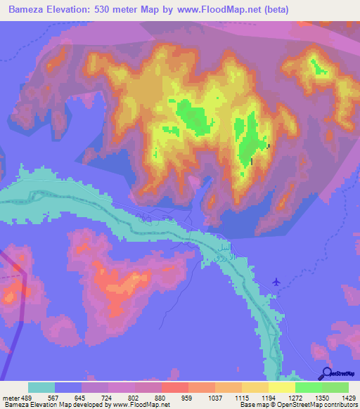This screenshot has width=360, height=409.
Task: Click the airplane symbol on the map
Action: pos(276,282)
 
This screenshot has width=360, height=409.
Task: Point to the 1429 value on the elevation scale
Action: pos(340,397)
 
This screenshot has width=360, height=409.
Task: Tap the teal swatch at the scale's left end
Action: pos(41,387)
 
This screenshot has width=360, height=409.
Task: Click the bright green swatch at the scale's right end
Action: pos(335,387)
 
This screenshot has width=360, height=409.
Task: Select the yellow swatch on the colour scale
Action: pos(282,387)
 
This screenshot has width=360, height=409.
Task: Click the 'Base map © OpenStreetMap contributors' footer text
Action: pos(298,405)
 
